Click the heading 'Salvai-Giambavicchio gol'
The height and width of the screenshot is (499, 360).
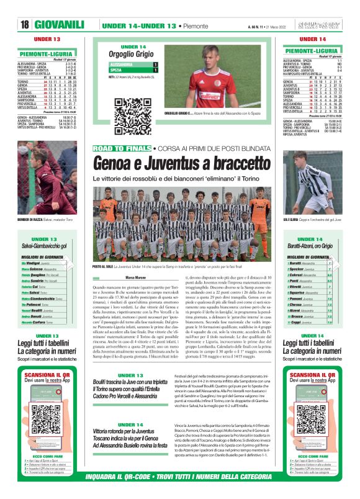45,245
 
